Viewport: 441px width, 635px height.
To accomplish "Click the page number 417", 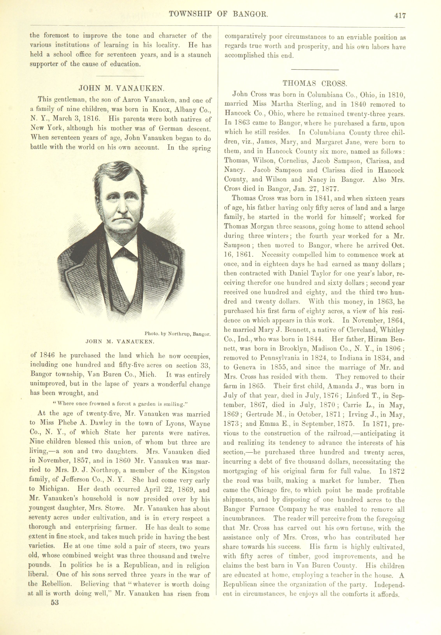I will pyautogui.click(x=400, y=16).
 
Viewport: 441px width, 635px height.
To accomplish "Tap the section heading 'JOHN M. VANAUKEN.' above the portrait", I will pyautogui.click(x=122, y=88).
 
